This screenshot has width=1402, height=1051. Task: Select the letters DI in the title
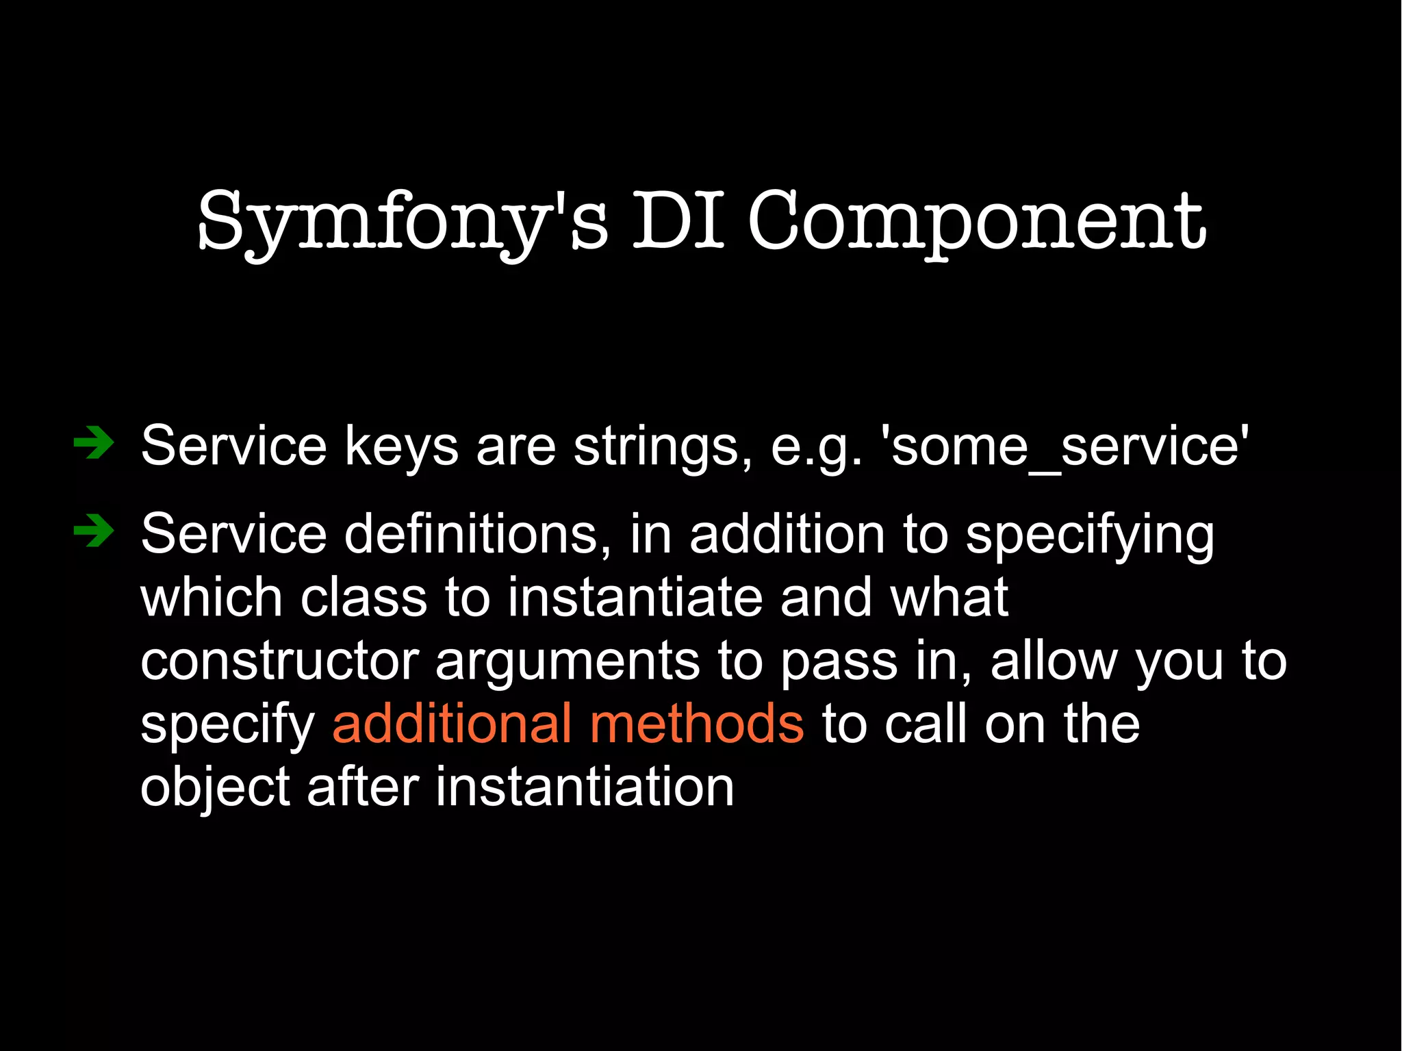point(678,220)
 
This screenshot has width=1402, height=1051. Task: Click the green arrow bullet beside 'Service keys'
point(94,444)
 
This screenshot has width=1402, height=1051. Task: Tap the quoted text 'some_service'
point(1068,446)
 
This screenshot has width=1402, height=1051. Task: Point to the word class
point(364,597)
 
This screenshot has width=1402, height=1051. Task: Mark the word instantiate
point(635,597)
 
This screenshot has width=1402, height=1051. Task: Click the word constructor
point(279,661)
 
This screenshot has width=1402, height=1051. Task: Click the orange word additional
point(452,724)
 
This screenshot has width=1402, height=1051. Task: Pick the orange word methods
point(697,724)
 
